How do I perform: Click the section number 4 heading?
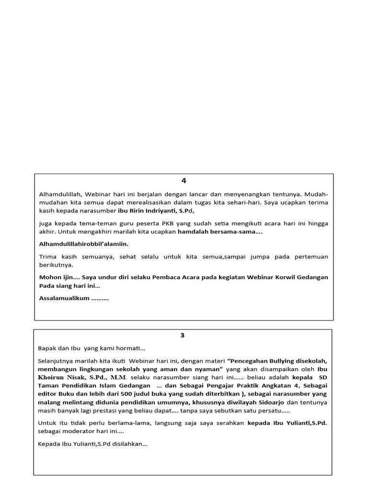click(x=184, y=181)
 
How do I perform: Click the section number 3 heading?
click(x=182, y=335)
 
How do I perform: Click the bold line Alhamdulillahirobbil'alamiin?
click(x=83, y=244)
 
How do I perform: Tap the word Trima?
click(x=48, y=257)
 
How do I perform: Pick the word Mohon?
click(x=49, y=278)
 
